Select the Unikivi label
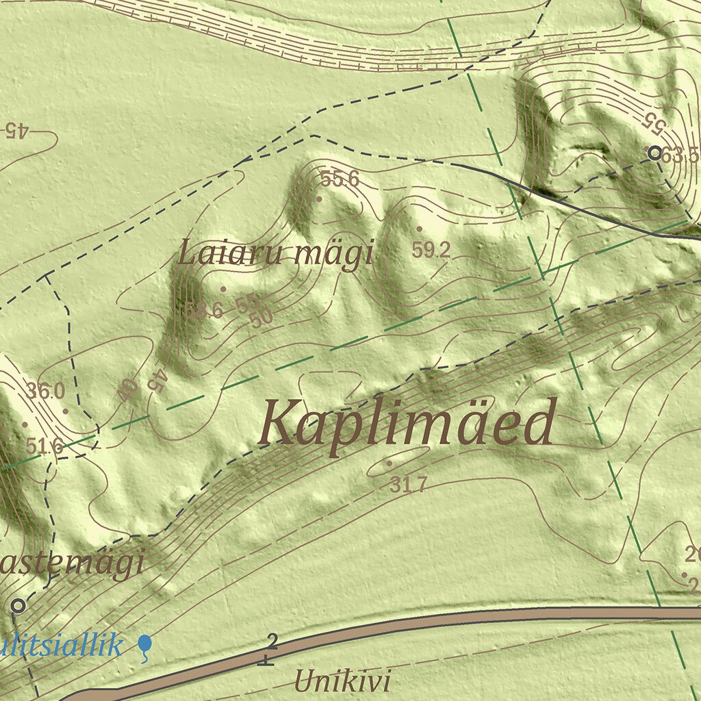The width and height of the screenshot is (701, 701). [342, 682]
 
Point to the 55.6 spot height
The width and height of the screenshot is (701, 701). [340, 179]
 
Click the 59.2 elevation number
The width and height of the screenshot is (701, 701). [431, 251]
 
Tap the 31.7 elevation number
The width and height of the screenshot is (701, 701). [409, 485]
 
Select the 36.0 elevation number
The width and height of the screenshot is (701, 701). [46, 392]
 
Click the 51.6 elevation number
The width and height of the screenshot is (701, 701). [44, 446]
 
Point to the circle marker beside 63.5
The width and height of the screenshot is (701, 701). [655, 153]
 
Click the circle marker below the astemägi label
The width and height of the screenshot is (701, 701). [18, 605]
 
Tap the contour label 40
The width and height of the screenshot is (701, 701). [127, 392]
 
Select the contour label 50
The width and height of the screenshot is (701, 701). [261, 318]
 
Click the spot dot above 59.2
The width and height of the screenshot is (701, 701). [419, 229]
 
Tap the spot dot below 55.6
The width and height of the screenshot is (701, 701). [319, 199]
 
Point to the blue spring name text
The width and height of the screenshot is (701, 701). [62, 645]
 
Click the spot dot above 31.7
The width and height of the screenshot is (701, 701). [389, 463]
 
